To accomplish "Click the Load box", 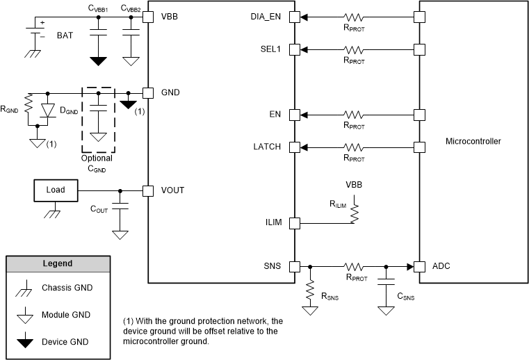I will point(55,190).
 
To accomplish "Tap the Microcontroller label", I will point(473,141).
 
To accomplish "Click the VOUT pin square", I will point(147,190).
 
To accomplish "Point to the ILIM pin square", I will point(295,223).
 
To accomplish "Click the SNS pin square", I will point(295,266).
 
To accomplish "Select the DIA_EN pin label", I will point(269,17).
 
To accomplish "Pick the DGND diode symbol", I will point(47,110).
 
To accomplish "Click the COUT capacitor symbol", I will point(121,207).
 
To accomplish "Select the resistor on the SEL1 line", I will point(355,49).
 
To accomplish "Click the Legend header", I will point(58,264).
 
